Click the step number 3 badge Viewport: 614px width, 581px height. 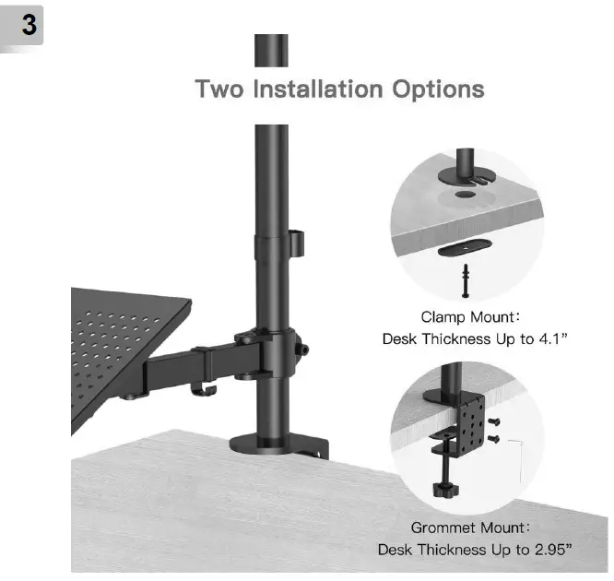[29, 26]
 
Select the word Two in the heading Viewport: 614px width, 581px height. [221, 90]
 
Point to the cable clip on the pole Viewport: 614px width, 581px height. [295, 243]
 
